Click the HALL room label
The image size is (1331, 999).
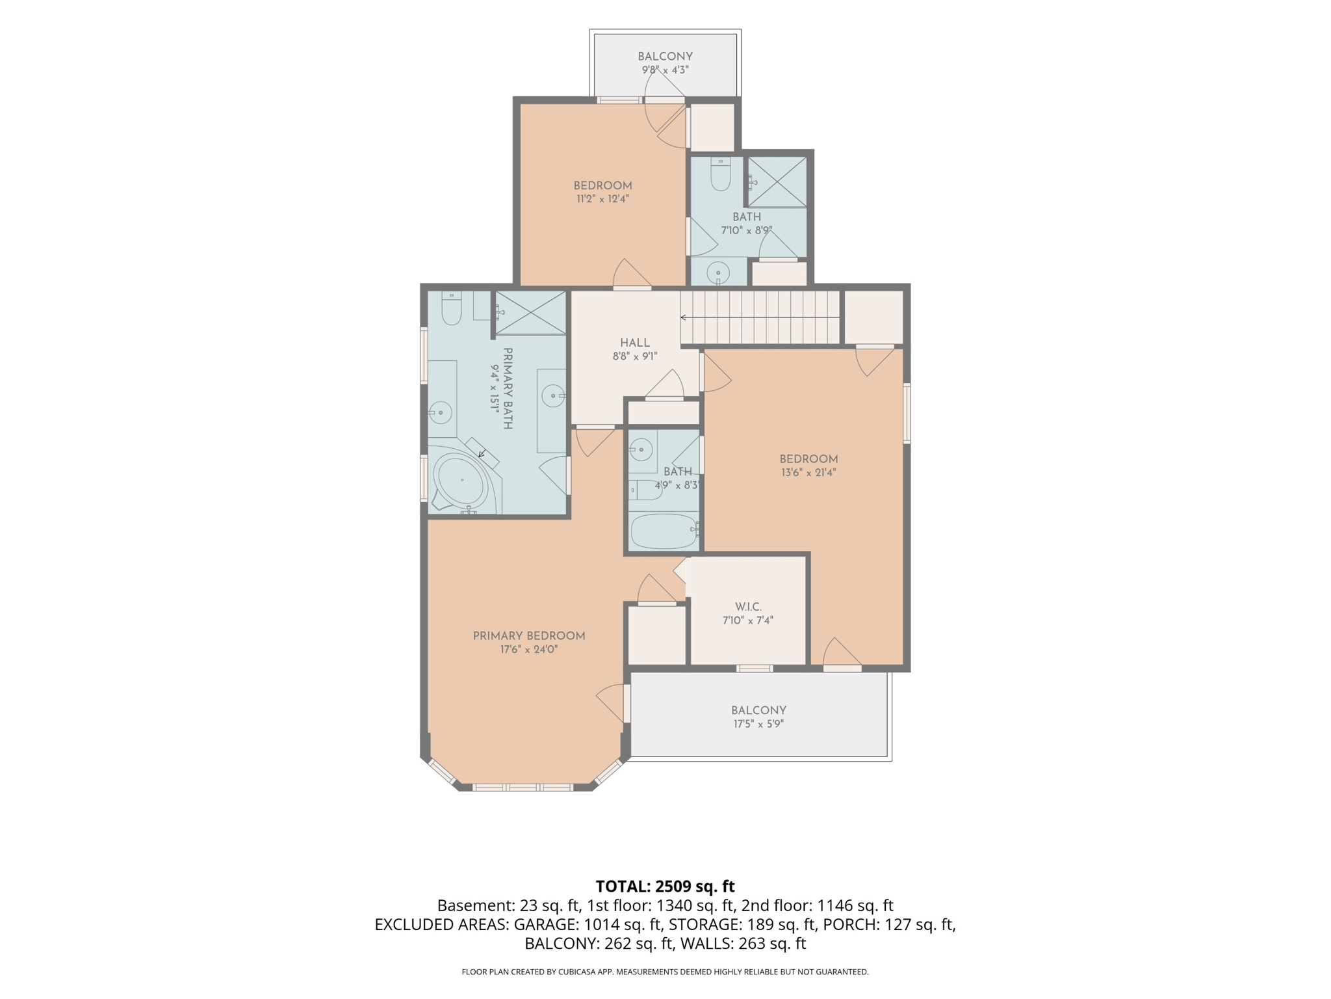tap(634, 343)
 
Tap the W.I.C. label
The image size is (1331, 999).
tap(748, 607)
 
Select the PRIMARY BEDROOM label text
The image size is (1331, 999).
tap(529, 636)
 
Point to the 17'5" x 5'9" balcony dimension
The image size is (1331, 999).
tap(758, 724)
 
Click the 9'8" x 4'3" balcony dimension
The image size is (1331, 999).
tap(665, 70)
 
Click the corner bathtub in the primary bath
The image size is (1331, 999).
tap(462, 481)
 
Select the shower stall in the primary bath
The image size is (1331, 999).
tap(530, 313)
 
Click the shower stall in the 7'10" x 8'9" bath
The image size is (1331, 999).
tap(777, 181)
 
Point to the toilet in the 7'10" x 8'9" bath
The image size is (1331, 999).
tap(721, 174)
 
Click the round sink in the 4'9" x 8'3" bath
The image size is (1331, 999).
tap(642, 449)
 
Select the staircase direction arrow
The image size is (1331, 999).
tap(760, 317)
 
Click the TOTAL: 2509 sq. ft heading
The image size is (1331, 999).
tap(665, 886)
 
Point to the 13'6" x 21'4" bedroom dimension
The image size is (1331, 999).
tap(808, 473)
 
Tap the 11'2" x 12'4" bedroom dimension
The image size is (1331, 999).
tap(602, 199)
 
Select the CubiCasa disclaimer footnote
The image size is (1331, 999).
tap(665, 972)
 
